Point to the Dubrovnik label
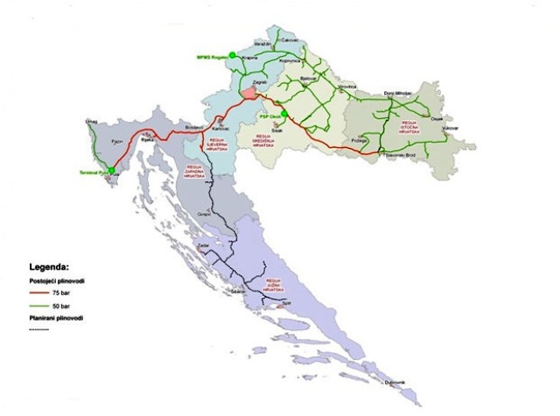395,383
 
